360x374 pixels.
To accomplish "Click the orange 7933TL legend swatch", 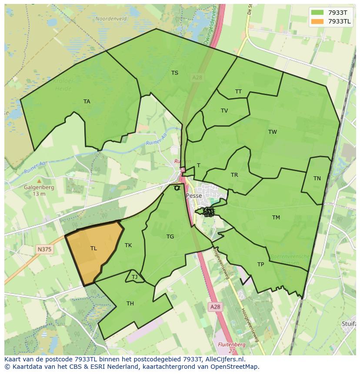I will [317, 21].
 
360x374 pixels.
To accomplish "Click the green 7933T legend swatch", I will [317, 12].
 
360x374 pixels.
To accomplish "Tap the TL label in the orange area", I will [93, 248].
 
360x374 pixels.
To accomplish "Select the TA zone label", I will [87, 102].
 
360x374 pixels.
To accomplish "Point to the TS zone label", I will [175, 73].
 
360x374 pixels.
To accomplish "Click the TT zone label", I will [238, 92].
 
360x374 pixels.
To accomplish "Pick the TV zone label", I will [224, 111].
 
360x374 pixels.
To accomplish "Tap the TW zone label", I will [273, 132].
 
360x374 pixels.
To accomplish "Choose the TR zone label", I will [234, 175].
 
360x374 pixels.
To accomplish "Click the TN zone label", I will [317, 179].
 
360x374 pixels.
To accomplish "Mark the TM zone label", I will [276, 218].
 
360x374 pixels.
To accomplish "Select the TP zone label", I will [260, 265].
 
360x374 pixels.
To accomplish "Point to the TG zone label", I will [170, 237].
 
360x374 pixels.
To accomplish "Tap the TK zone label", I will [128, 245].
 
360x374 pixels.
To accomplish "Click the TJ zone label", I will [134, 277].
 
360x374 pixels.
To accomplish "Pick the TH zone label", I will [130, 304].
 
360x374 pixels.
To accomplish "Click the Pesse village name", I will [194, 196].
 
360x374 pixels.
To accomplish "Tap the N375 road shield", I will [44, 249].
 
